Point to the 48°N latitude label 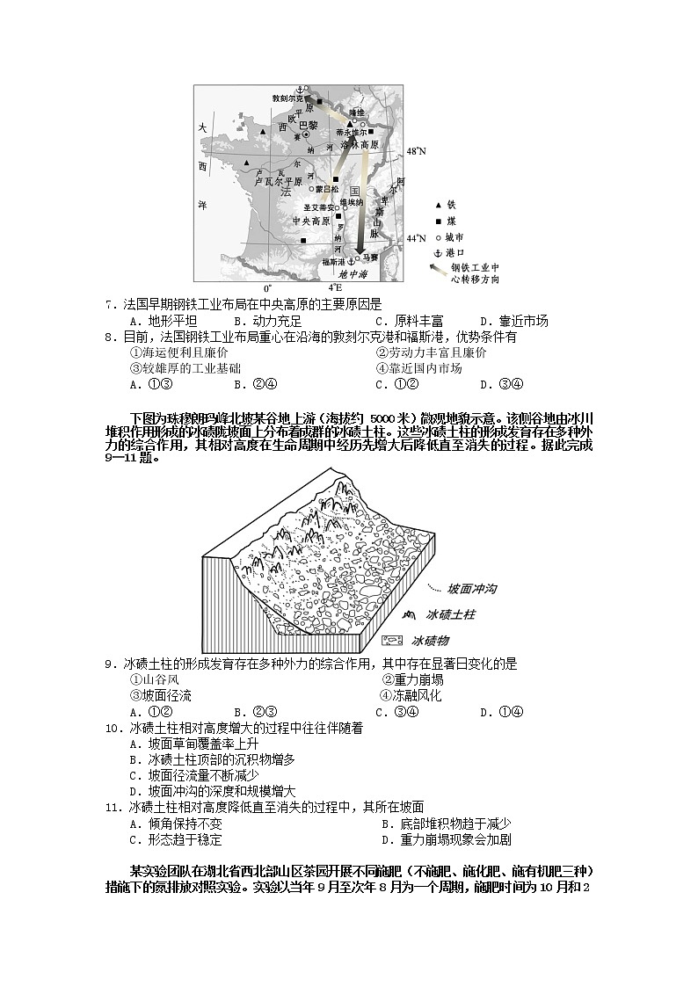[416, 152]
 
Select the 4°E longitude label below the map [335, 287]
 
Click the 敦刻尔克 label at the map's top [290, 98]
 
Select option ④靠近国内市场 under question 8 [418, 368]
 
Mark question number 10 [112, 728]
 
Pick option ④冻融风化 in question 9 [411, 695]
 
